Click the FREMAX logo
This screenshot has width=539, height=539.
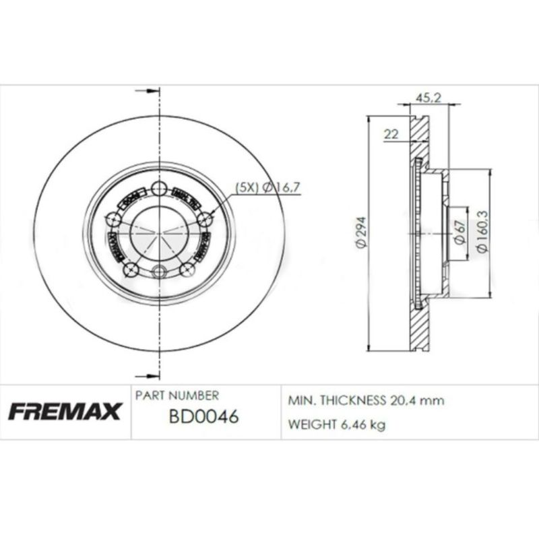coord(65,411)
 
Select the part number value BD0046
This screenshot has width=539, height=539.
coord(203,418)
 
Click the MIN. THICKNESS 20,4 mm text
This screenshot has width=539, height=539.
coord(366,400)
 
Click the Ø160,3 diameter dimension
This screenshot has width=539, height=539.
coord(481,233)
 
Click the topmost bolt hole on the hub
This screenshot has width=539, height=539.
coord(159,189)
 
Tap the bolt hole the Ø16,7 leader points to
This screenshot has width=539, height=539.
coord(206,219)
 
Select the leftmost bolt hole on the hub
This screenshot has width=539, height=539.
coord(114,220)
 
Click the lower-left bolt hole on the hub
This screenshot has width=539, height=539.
coord(131,270)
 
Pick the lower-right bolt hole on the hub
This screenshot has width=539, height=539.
coord(188,270)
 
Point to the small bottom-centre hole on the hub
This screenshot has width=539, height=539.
coord(159,272)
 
